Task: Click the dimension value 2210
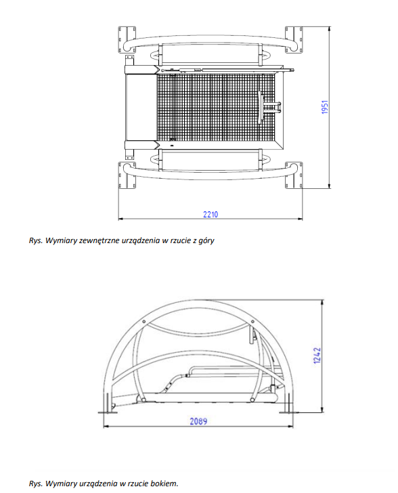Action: pyautogui.click(x=211, y=215)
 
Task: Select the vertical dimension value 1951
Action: pyautogui.click(x=325, y=107)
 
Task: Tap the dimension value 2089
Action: pyautogui.click(x=198, y=421)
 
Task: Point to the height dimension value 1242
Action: pyautogui.click(x=317, y=356)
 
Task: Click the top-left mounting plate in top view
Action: pyautogui.click(x=127, y=39)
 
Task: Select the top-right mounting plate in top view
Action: pyautogui.click(x=294, y=39)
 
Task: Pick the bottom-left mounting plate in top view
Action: pyautogui.click(x=127, y=175)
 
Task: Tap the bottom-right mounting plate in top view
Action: pyautogui.click(x=294, y=175)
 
